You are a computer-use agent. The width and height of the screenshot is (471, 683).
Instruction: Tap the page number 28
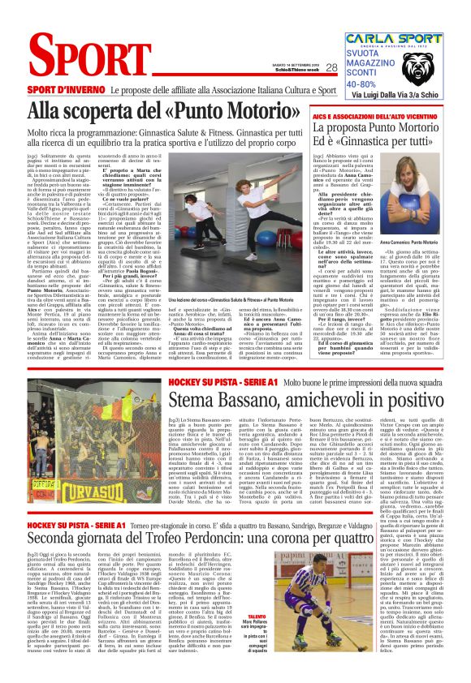click(331, 68)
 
